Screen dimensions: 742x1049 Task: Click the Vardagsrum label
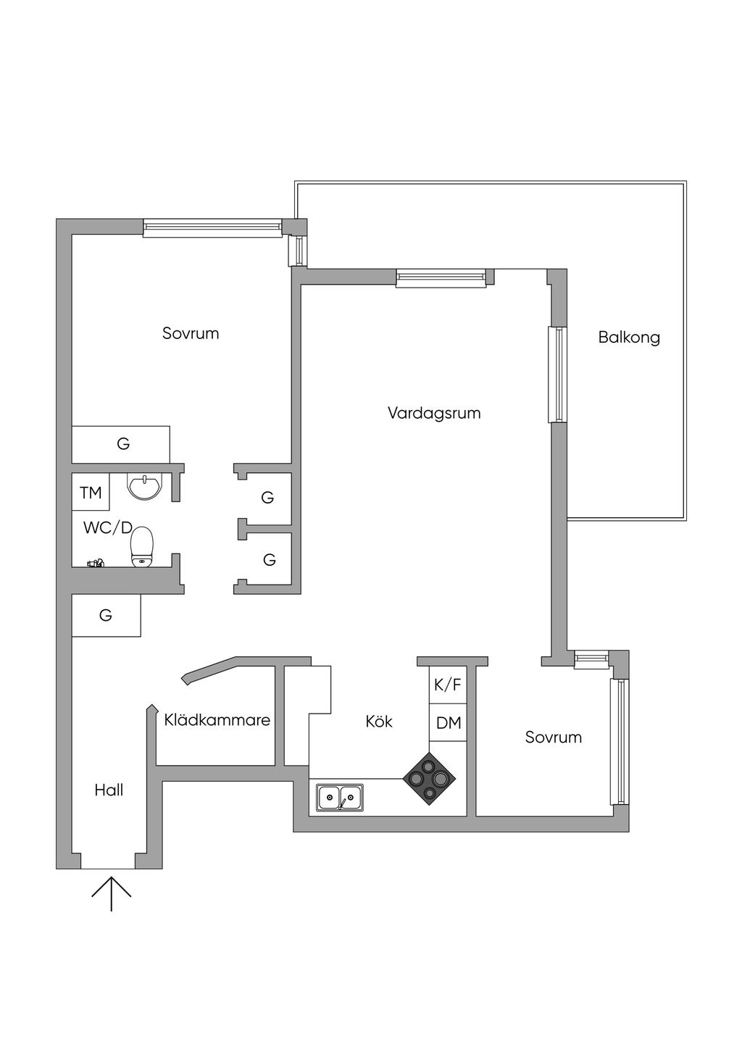(433, 413)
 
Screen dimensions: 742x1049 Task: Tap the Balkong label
(628, 337)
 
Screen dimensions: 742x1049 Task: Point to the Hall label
(109, 790)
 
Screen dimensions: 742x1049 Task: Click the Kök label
(379, 722)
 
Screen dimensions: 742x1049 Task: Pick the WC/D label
(107, 528)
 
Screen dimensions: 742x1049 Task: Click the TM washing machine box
(91, 493)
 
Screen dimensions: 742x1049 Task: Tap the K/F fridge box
(447, 685)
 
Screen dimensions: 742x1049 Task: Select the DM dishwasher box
(448, 723)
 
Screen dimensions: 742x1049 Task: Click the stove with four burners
(430, 779)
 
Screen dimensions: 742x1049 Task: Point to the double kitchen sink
(340, 798)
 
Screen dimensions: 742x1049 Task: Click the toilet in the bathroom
(142, 546)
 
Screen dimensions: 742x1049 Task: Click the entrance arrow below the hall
(111, 893)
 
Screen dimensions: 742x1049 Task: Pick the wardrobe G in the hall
(106, 616)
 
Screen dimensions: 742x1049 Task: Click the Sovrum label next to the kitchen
(553, 737)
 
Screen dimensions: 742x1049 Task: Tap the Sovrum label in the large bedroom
(190, 333)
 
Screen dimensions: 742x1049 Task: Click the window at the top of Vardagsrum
(440, 277)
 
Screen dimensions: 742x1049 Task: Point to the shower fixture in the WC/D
(96, 562)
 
